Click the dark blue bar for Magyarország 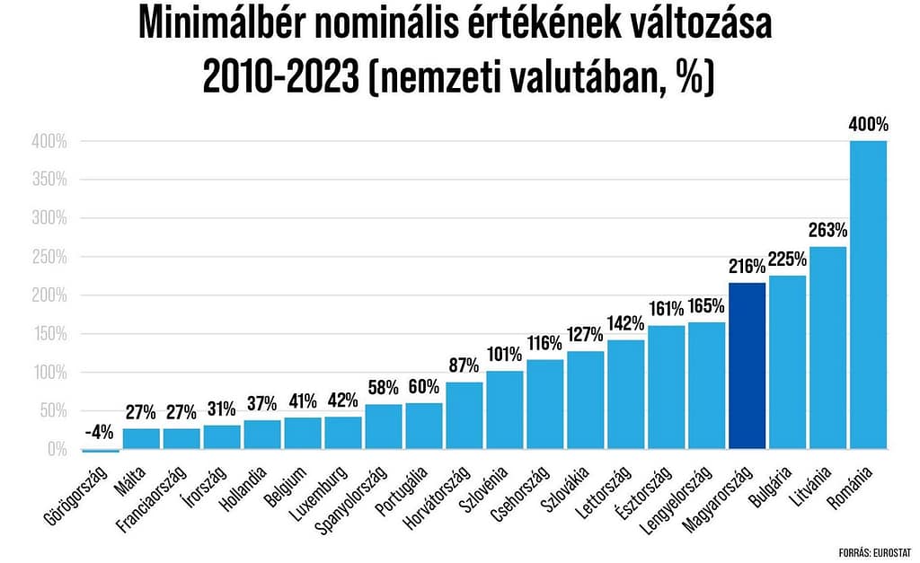point(747,365)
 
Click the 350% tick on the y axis point(49,180)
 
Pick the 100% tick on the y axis point(49,373)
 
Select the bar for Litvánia point(827,347)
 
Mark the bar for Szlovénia point(504,409)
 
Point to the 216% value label point(747,267)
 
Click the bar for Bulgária point(787,362)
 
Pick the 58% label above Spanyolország point(383,389)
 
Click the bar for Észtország point(666,387)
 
